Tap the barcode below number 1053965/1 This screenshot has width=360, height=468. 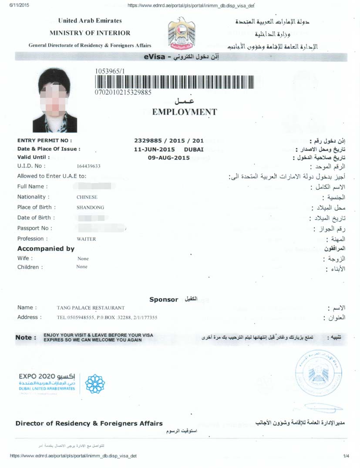click(174, 81)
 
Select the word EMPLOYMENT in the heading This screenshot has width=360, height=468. click(184, 112)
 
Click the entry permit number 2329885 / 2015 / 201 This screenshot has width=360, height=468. click(169, 141)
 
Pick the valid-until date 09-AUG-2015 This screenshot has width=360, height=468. click(169, 158)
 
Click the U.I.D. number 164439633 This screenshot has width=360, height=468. click(88, 166)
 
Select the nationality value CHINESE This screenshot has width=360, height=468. click(87, 197)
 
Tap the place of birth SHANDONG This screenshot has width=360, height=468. click(90, 207)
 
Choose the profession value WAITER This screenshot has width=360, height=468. click(86, 239)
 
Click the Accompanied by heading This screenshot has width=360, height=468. click(46, 249)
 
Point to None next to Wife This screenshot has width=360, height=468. click(83, 258)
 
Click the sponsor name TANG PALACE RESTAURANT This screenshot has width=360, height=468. click(91, 308)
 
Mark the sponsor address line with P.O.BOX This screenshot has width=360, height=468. click(107, 318)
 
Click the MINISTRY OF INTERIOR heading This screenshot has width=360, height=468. click(90, 33)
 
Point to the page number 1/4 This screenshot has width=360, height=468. click(346, 456)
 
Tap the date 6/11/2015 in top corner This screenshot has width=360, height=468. click(13, 5)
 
